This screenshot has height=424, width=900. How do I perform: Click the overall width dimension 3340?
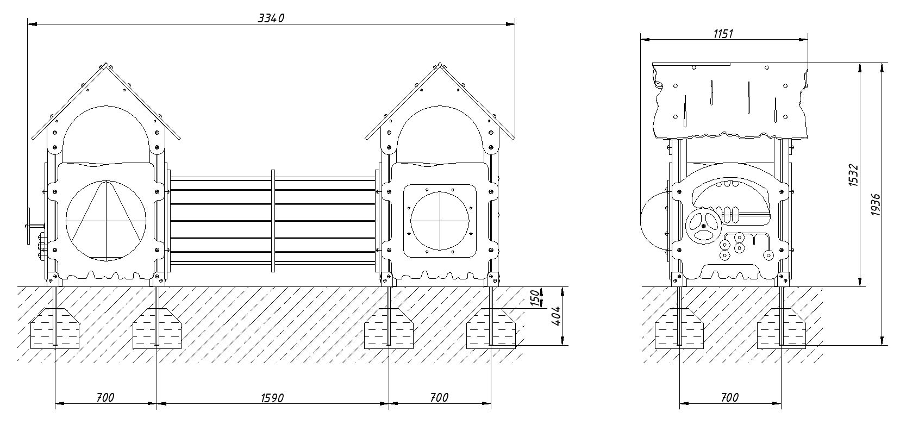[271, 18]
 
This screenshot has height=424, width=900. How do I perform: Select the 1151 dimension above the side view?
[723, 34]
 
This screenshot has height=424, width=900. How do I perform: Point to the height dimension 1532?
[853, 175]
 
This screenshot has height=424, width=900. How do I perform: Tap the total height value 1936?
[876, 204]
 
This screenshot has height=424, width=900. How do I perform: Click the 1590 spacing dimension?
[272, 398]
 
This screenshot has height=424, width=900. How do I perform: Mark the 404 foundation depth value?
[555, 316]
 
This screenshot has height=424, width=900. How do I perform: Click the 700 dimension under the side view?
[729, 397]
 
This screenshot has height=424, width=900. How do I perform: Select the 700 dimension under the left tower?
[105, 397]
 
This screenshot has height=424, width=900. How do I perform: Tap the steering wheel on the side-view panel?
[703, 226]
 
